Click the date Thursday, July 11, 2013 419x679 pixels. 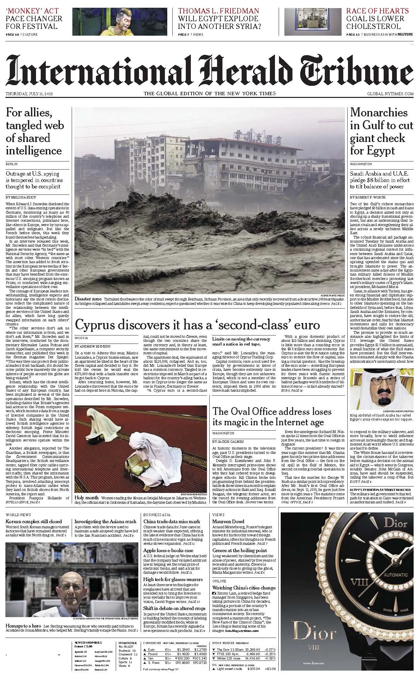coord(29,94)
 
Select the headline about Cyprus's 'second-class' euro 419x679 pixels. coord(197,325)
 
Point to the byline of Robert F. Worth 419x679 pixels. coord(368,197)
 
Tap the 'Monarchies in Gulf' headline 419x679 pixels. coord(381,132)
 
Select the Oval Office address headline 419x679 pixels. coord(272,417)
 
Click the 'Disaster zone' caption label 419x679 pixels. coord(88,299)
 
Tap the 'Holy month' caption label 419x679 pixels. coord(86,497)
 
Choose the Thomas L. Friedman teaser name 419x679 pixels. coord(218,11)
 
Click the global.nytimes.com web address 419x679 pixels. coord(390,94)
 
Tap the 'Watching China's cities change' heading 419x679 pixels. coord(244,588)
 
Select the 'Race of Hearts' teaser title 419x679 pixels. coord(377,11)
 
